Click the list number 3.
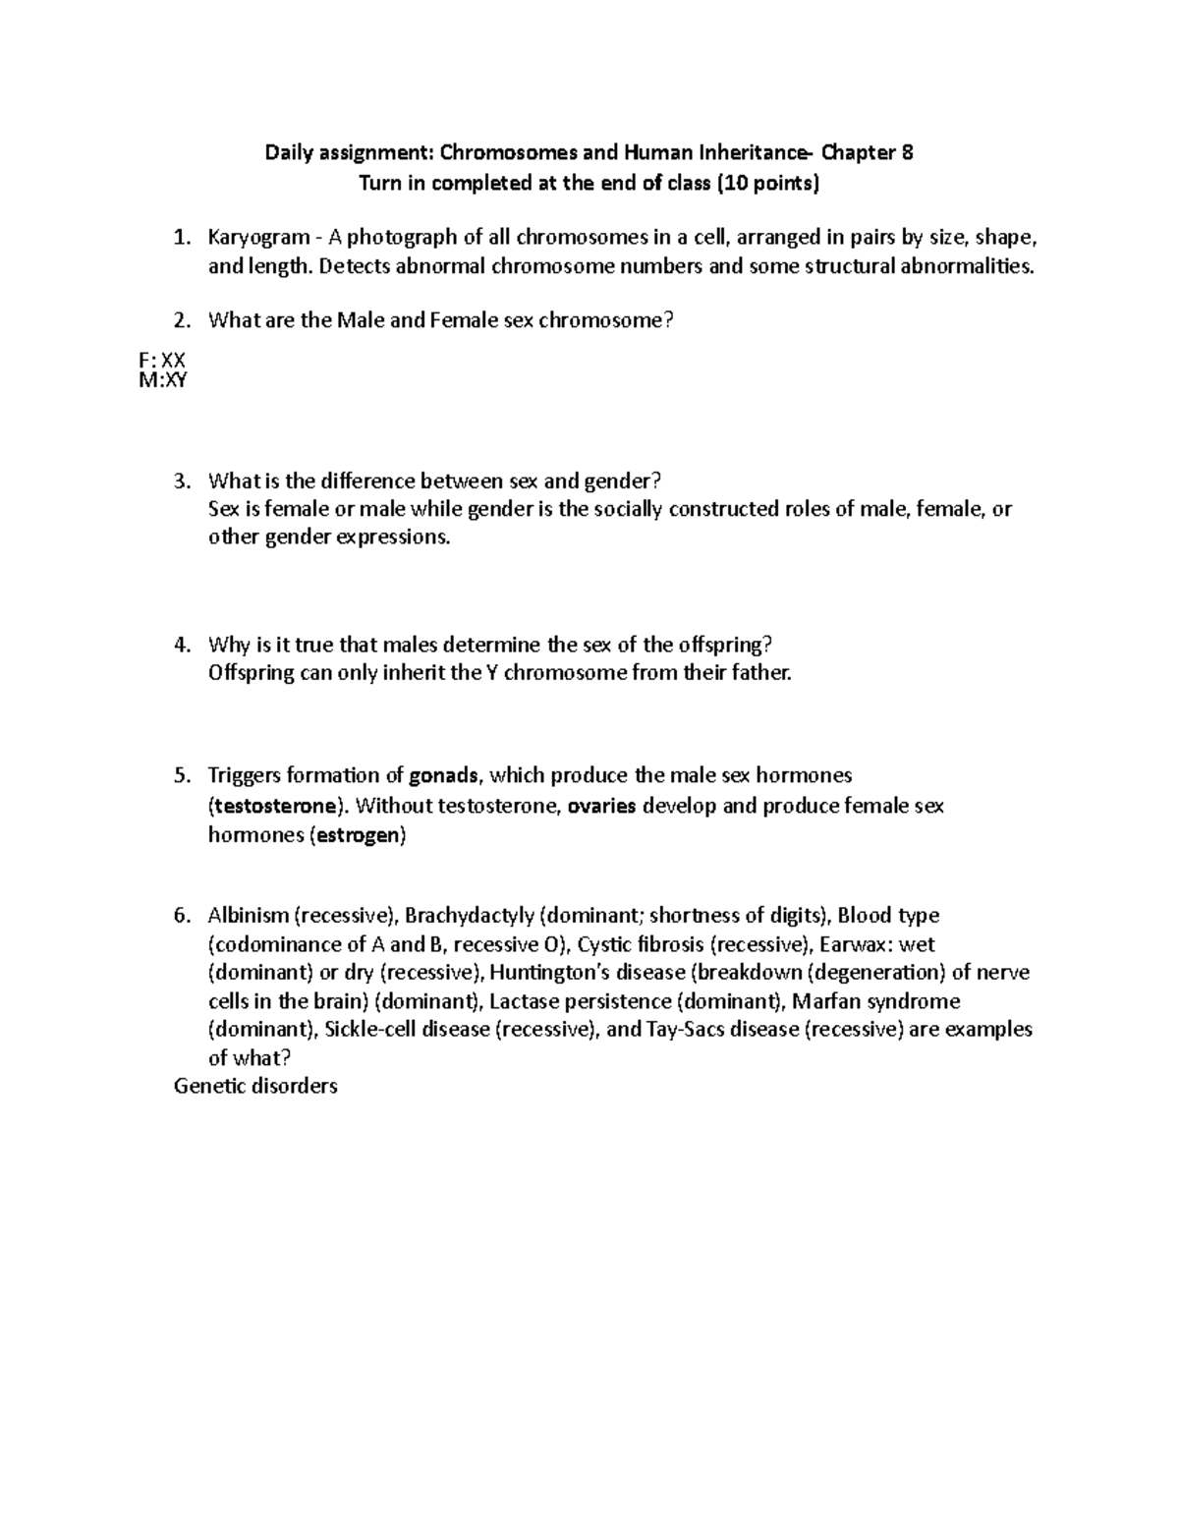180,481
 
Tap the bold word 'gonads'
444,776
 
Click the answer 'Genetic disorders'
255,1087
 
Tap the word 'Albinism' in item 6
248,916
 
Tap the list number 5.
180,776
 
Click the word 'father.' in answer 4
754,674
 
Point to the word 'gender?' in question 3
625,481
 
